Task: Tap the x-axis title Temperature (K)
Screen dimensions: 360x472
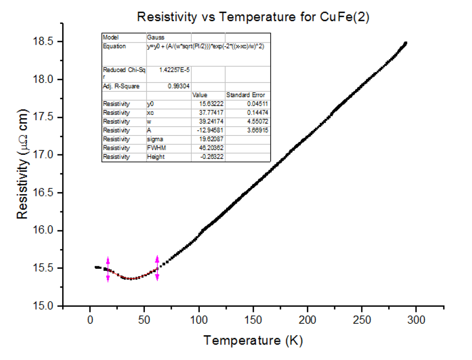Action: pyautogui.click(x=253, y=340)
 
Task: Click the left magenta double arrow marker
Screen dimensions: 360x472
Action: pyautogui.click(x=108, y=269)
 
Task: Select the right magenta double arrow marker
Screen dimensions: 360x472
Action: pyautogui.click(x=157, y=268)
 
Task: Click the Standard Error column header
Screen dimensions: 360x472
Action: pyautogui.click(x=245, y=95)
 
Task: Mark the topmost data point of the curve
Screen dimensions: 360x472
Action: pyautogui.click(x=405, y=43)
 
